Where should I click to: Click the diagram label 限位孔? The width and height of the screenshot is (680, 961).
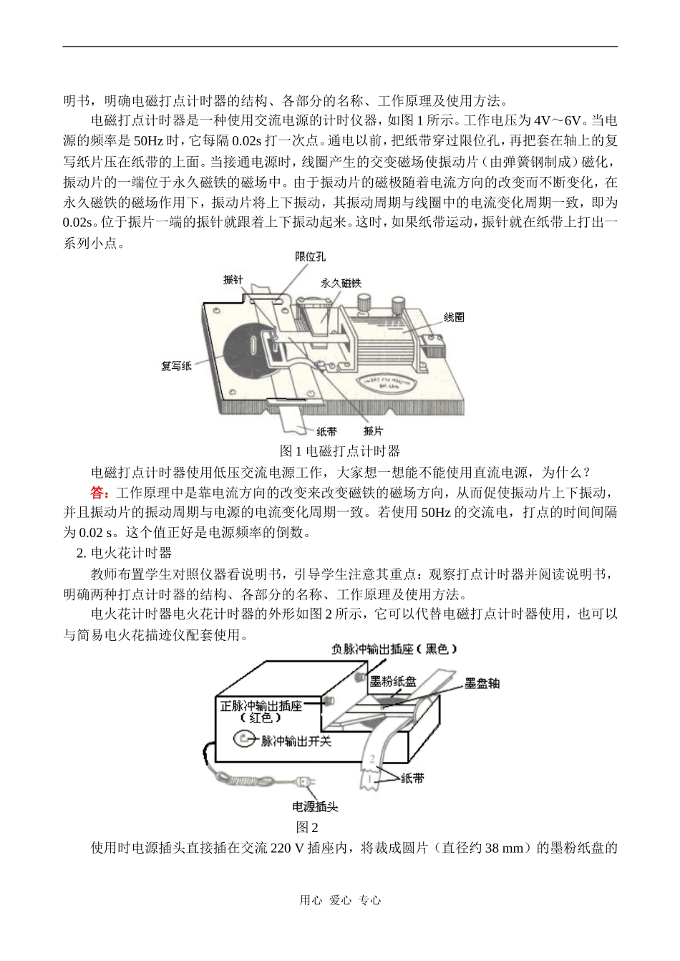[x=311, y=257]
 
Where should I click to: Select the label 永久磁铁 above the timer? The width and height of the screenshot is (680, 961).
[x=341, y=283]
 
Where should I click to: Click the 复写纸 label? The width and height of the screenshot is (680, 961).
[x=175, y=367]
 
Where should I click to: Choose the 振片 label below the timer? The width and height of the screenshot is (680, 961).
[x=372, y=431]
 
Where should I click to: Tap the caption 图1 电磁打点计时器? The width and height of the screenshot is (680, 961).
[x=340, y=451]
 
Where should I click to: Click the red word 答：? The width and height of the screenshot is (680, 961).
[x=100, y=493]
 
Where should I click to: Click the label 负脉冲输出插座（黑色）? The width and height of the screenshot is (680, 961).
[x=394, y=649]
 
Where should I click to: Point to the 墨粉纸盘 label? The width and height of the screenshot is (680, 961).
[x=393, y=681]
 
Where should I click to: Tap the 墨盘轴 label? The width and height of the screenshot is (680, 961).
[x=482, y=683]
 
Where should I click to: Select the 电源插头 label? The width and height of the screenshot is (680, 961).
[x=315, y=806]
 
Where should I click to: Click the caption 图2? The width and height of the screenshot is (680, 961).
[x=307, y=827]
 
